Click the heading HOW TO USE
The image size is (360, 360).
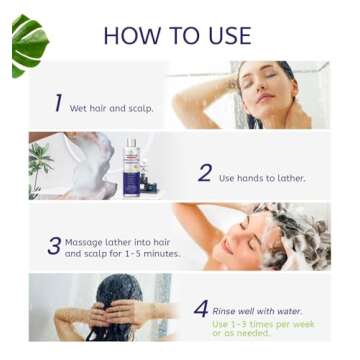coord(177,35)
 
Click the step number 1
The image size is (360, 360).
coord(58,103)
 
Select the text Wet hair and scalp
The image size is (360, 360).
coord(111,108)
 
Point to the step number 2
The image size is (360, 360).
coord(204,173)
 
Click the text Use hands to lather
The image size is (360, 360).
coord(262,178)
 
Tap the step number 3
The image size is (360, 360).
coord(54,245)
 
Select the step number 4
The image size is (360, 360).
coord(200,309)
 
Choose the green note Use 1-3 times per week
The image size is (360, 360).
coord(262,329)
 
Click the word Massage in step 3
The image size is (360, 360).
coord(84,242)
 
